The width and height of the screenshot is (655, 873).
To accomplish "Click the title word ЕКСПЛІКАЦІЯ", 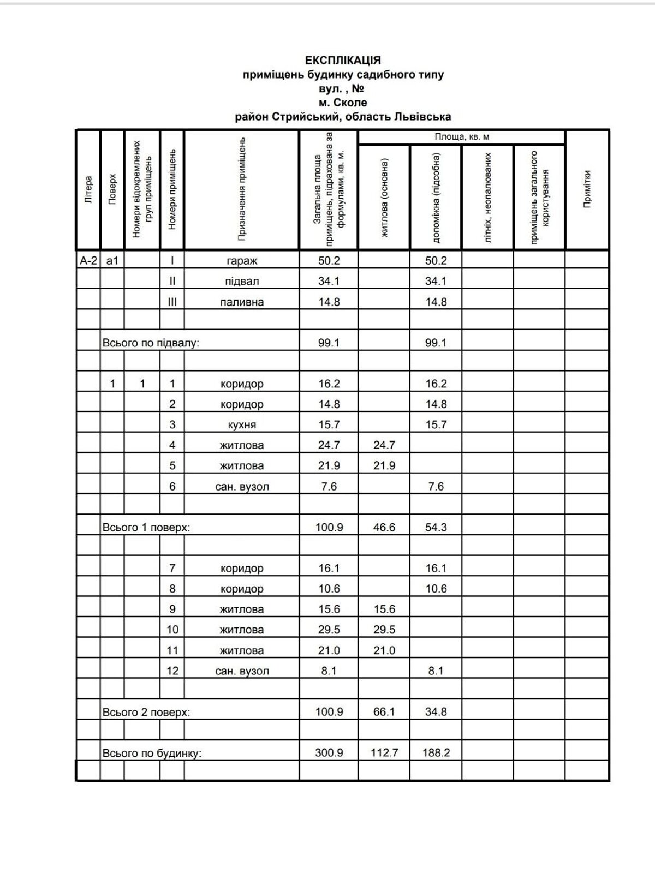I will (x=343, y=60).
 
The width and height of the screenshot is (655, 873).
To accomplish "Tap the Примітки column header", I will (x=587, y=189).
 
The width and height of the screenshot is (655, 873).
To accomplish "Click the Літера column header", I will (x=88, y=189).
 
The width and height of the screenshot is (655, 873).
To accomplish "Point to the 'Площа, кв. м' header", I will (x=461, y=137).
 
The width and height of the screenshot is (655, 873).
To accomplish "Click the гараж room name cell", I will (x=242, y=261).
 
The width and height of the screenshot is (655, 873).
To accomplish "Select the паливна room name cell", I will (x=242, y=302).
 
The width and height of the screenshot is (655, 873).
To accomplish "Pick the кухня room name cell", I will (x=242, y=425).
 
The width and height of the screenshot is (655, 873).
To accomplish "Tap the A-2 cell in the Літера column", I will (x=88, y=261).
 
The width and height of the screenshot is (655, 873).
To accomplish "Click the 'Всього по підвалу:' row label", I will (x=151, y=343).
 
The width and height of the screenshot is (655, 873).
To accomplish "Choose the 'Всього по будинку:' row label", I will (x=152, y=754).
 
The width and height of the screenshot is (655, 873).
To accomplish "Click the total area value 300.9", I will (x=329, y=753).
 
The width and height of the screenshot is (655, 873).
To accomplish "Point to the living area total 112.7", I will (x=384, y=753).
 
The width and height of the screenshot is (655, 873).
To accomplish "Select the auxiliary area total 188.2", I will (x=436, y=753).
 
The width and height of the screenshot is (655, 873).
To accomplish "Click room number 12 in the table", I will (x=172, y=671).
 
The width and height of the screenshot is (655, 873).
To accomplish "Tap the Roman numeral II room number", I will (x=172, y=282).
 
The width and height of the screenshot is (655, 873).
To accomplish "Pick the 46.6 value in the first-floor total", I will (x=384, y=528).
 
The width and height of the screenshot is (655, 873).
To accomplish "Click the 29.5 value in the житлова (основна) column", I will (x=384, y=630).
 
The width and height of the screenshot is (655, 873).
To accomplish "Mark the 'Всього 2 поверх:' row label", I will (x=146, y=713).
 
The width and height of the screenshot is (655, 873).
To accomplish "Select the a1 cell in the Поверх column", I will (x=112, y=261).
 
